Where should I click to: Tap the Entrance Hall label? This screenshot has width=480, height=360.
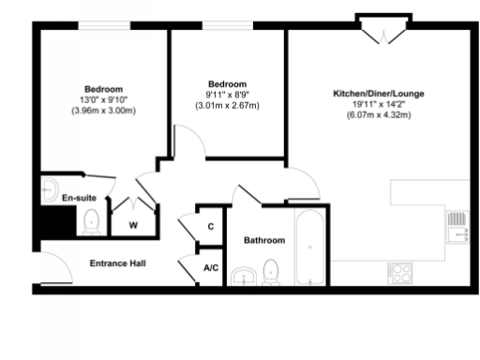117,263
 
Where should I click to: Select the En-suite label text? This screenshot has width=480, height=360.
79,199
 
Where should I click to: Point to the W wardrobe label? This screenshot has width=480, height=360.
132,225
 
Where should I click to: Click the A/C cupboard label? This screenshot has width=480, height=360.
211,268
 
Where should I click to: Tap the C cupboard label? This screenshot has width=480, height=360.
211,227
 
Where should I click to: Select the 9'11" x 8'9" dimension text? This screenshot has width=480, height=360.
227,95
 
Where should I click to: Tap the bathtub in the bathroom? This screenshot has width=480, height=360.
309,247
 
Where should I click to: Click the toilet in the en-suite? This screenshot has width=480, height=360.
92,221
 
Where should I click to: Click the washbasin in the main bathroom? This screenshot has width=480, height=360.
247,274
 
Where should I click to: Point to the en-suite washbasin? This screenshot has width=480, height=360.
50,191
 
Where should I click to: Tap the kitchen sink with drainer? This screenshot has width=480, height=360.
457,226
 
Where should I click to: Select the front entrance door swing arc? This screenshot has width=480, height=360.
49,268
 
